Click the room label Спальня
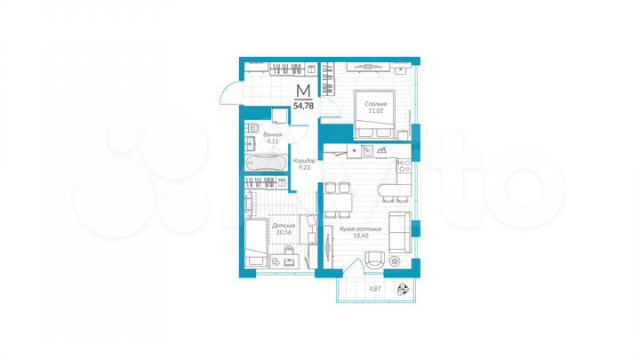(374, 104)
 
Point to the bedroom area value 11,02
(374, 112)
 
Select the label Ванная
(259, 133)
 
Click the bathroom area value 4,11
(259, 141)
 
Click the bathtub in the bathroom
(264, 164)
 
